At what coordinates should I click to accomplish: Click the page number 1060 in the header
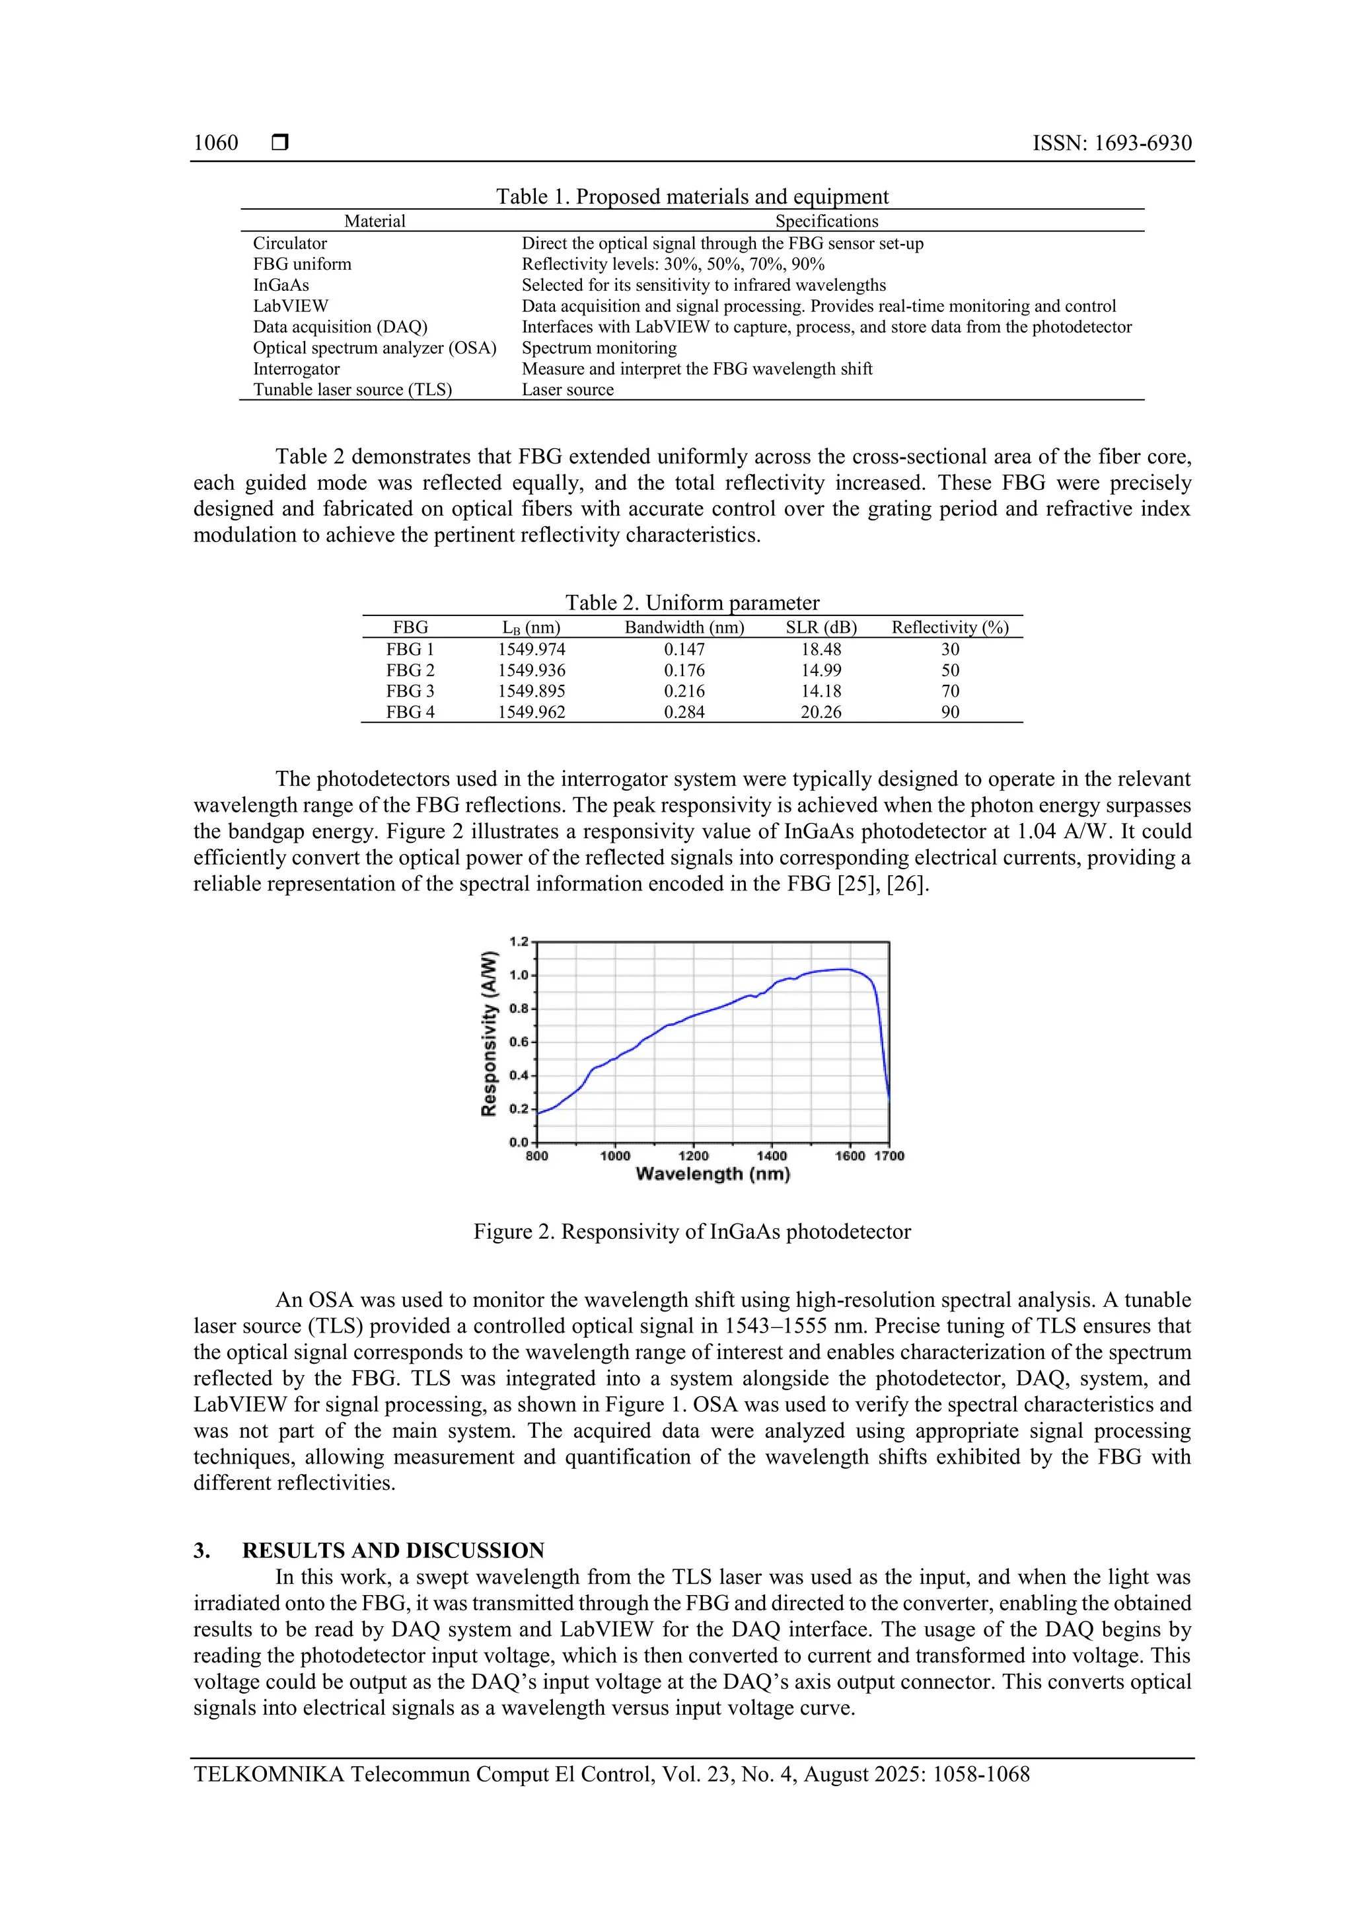216,143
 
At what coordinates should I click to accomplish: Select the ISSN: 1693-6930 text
1111,143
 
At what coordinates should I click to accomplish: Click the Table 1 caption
692,196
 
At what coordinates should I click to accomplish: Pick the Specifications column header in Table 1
826,221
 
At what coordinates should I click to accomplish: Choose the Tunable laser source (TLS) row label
352,389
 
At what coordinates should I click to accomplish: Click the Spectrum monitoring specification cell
599,348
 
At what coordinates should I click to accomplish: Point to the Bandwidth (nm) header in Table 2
684,627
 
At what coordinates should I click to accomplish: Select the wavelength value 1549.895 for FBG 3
531,691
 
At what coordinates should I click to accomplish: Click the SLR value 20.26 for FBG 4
821,713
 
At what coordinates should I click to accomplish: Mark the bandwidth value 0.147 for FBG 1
684,649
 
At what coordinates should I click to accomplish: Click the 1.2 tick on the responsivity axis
519,942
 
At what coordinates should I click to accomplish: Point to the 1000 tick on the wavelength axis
615,1156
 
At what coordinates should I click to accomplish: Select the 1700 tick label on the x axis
889,1156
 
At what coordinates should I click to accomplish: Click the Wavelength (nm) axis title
712,1175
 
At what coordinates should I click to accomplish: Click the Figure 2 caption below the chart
692,1232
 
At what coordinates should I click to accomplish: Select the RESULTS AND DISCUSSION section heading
392,1551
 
